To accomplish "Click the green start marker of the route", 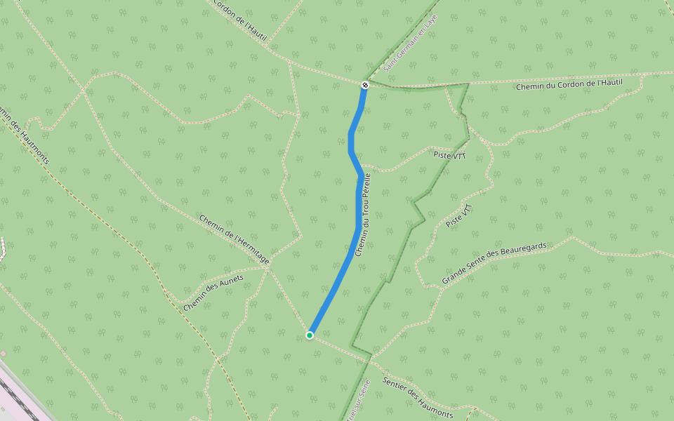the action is [310, 335].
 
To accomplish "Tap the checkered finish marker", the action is [364, 85].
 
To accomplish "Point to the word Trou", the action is [364, 212].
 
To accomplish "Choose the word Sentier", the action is [397, 387].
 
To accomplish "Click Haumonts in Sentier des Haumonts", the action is [435, 407].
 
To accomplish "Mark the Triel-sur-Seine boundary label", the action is [357, 399].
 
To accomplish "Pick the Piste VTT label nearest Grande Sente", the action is [460, 216].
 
